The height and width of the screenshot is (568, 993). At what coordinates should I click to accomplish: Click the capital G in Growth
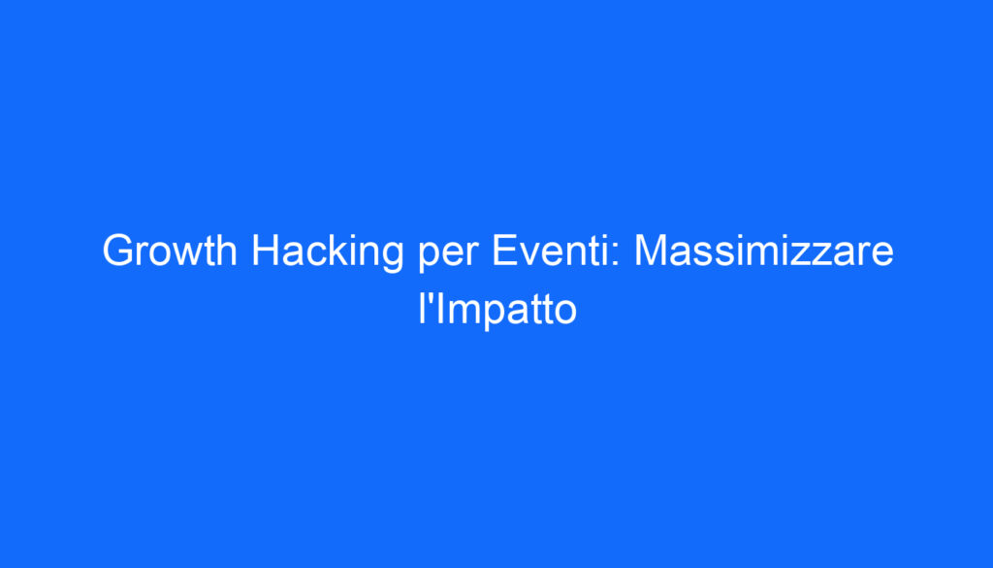pos(116,252)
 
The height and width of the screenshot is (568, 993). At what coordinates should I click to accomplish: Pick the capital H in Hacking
pos(265,252)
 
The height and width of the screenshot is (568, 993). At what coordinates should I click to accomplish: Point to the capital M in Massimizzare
pos(652,252)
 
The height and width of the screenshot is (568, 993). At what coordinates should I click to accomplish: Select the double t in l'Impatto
pos(543,312)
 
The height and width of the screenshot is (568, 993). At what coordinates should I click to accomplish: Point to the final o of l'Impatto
pos(565,315)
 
